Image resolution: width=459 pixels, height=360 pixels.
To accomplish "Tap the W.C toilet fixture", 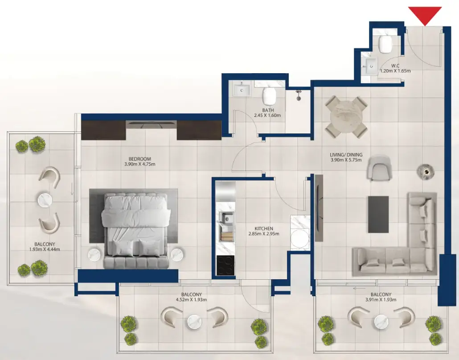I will [384, 44].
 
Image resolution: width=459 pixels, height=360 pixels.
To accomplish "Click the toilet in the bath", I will [269, 95].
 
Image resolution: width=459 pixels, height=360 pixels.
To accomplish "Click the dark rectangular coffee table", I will [378, 214].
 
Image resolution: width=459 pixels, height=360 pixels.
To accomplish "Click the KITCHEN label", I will [264, 228].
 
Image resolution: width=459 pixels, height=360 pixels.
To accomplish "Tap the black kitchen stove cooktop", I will [225, 265].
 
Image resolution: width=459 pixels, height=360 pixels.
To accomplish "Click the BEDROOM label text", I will [140, 159].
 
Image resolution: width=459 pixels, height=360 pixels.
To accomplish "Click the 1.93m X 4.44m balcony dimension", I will [41, 249].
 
